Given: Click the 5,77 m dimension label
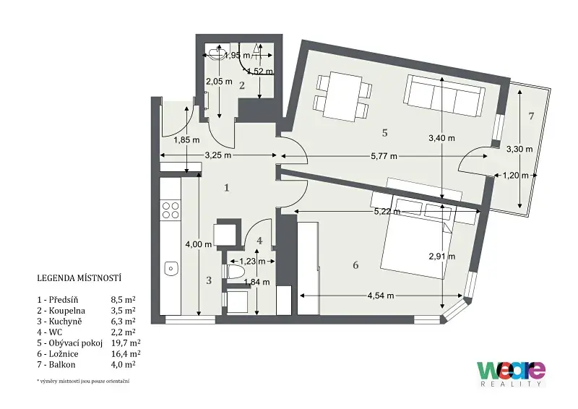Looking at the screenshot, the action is point(384,156).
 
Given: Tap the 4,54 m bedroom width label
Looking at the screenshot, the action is point(381,296).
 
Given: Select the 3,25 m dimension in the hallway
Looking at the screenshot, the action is point(218,155).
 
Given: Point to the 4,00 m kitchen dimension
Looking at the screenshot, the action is point(198,244).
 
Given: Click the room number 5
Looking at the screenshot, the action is point(385,133).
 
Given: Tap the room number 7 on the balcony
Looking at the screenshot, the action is point(531,116).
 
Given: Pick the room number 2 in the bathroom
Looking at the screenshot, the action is point(242,85).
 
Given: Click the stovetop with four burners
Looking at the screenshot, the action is point(171,210).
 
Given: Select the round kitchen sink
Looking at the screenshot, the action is point(171,267).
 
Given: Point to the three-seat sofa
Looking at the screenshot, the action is point(444,95).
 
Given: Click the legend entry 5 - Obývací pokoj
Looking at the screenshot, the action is point(70,343).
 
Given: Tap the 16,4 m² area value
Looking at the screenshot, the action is point(126,353).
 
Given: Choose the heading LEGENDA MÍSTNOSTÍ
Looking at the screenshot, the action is point(79,277).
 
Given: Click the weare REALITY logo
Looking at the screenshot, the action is point(511,374).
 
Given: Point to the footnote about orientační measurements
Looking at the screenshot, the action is point(83,381).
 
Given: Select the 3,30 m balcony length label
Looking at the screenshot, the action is point(519,149).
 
